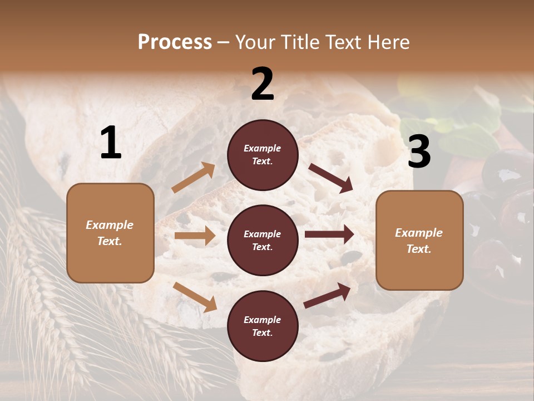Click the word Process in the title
175,42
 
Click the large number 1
111,143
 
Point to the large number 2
263,85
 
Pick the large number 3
419,152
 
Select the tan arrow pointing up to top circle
193,178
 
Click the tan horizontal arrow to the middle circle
194,236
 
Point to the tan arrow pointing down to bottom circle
195,297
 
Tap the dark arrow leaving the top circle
331,178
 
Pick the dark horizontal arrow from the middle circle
329,234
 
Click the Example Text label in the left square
110,233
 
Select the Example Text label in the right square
419,241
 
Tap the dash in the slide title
224,42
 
